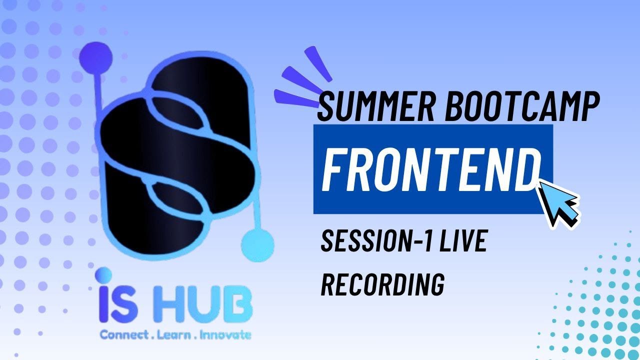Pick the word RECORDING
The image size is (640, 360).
pyautogui.click(x=382, y=284)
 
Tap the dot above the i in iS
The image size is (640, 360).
pyautogui.click(x=104, y=274)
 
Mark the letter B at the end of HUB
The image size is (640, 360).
pyautogui.click(x=239, y=306)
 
